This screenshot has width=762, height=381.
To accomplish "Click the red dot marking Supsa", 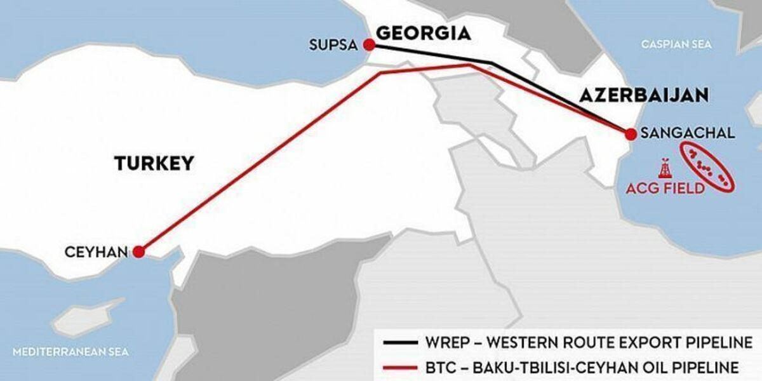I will pos(368,44).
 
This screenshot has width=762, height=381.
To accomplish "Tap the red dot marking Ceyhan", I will pos(138,252).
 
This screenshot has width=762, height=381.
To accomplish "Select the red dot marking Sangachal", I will pos(630,134).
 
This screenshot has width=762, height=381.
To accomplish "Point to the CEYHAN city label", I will pos(97,252).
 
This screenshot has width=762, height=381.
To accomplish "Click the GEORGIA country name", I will pos(423,33).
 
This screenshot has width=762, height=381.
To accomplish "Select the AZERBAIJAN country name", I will pos(644,96).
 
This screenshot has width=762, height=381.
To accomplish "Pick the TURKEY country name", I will pos(154,163).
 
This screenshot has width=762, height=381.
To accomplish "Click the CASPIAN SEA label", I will pos(676,44).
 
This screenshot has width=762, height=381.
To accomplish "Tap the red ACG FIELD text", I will pos(665,188).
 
